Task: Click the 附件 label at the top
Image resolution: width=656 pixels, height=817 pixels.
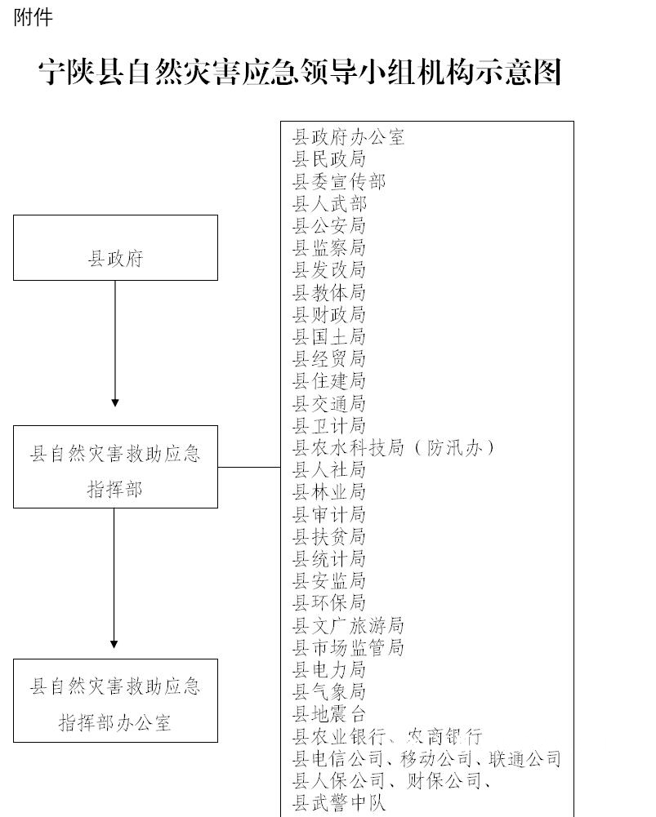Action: (x=33, y=18)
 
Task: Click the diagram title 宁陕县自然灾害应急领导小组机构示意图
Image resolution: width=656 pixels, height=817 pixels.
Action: (x=300, y=72)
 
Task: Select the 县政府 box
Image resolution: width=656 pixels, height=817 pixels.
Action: (x=115, y=247)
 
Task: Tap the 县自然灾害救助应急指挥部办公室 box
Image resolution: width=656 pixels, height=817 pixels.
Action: (x=115, y=700)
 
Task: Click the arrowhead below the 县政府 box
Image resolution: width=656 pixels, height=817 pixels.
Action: (x=115, y=402)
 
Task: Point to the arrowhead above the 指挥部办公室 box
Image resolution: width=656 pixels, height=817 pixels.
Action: (x=114, y=644)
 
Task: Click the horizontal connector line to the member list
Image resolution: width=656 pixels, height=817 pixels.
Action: (x=249, y=468)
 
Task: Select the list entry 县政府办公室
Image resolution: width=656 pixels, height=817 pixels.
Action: (x=348, y=137)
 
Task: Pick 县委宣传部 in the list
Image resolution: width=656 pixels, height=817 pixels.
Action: (x=339, y=181)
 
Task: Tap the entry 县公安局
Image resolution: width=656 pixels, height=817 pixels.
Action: (x=329, y=225)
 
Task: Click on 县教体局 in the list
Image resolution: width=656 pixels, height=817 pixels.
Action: (x=329, y=292)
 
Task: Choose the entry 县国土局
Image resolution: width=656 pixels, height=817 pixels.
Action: (x=329, y=336)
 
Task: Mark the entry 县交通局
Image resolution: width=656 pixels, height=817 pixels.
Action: (x=329, y=403)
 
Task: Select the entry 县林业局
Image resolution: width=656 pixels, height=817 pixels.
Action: (x=329, y=492)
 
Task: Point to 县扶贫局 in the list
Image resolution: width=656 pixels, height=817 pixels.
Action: (x=329, y=536)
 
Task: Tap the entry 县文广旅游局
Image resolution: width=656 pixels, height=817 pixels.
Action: (x=348, y=625)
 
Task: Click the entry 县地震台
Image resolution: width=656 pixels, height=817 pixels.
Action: (x=329, y=714)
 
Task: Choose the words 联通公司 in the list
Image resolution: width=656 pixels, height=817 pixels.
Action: (x=524, y=759)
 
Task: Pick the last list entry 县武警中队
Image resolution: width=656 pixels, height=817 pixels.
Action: (x=339, y=803)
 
